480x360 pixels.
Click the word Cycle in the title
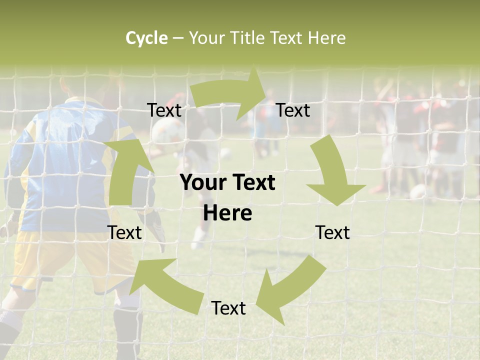(146, 38)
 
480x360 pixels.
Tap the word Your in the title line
(206, 38)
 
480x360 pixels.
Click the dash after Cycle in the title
(178, 38)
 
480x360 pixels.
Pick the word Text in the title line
(285, 38)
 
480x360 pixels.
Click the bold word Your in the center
(203, 183)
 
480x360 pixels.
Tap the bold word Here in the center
(227, 213)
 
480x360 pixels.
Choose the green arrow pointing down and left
(290, 285)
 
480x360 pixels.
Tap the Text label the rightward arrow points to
(293, 110)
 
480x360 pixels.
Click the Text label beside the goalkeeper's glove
(125, 232)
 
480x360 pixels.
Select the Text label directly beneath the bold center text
(228, 308)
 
